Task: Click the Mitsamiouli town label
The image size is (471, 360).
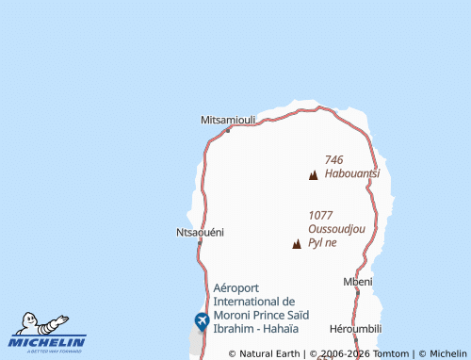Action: (x=229, y=120)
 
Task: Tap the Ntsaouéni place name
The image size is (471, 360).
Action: (x=200, y=231)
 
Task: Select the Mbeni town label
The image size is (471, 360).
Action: (x=358, y=281)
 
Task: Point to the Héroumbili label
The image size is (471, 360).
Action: (x=355, y=329)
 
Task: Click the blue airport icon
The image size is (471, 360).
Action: (x=202, y=321)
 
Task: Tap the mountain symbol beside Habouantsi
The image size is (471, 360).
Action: (x=313, y=174)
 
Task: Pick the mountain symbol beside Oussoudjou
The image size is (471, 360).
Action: (x=297, y=244)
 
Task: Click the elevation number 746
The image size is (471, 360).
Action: (x=333, y=160)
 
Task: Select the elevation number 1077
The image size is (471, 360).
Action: (x=320, y=215)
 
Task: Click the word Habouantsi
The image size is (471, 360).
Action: (x=351, y=173)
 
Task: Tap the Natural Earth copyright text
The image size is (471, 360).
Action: (x=266, y=353)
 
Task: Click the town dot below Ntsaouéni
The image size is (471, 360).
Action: (x=200, y=241)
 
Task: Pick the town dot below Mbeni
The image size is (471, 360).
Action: (x=357, y=291)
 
